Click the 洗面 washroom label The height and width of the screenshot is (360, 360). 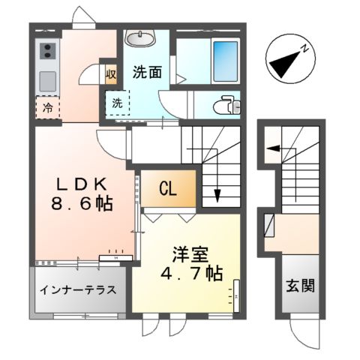pos(146,73)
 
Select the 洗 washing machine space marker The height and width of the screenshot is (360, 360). pos(118,103)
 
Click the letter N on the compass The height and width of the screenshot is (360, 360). pos(306,49)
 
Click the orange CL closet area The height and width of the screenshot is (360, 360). pos(169,187)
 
